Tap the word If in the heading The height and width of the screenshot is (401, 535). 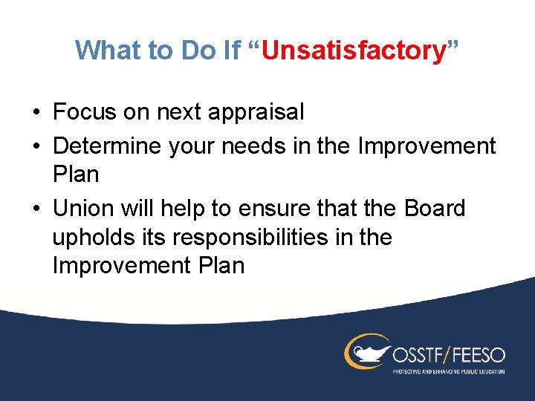(x=230, y=50)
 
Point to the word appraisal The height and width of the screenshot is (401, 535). (x=259, y=113)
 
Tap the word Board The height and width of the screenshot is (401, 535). (x=435, y=209)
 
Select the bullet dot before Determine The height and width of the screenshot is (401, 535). (x=36, y=147)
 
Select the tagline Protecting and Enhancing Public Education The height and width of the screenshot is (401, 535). (x=448, y=371)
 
